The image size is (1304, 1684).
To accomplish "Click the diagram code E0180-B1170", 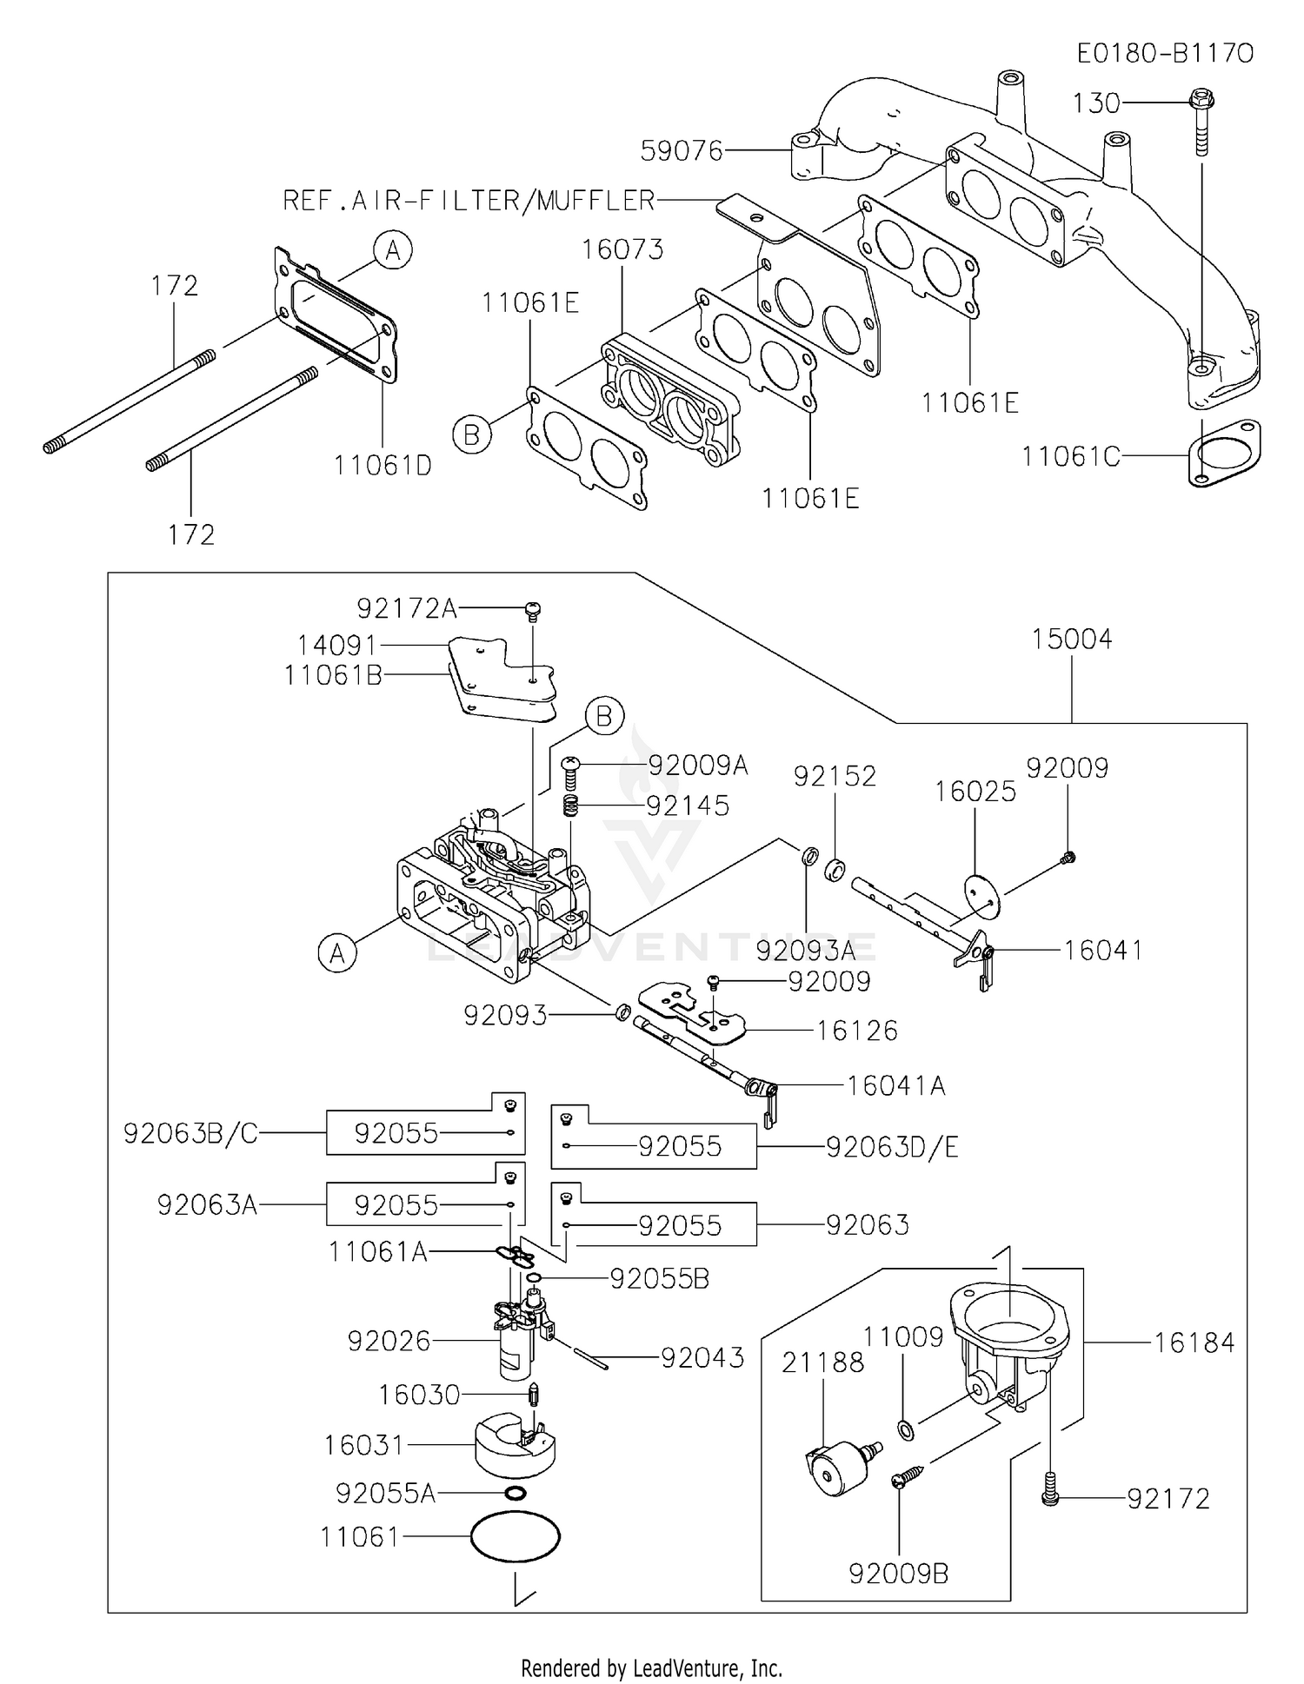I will tap(1164, 54).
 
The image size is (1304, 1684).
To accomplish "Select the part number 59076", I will tap(682, 151).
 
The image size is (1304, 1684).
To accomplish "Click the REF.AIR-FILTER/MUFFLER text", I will tap(469, 201).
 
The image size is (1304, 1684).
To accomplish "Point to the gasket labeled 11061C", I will tap(1224, 453).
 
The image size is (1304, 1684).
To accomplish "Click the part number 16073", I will tap(622, 249).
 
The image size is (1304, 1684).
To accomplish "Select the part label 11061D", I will tap(383, 466).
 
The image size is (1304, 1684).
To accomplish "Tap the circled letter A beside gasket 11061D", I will tap(393, 251).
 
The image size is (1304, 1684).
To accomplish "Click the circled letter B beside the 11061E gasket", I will tap(471, 434).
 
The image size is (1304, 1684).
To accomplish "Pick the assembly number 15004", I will tap(1071, 640).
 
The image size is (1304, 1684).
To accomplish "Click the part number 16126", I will tap(856, 1031).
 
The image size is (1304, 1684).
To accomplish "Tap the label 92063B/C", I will tap(190, 1133).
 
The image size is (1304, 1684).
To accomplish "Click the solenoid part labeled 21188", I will tap(836, 1468).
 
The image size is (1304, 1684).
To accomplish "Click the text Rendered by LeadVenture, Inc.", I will tap(651, 1667).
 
